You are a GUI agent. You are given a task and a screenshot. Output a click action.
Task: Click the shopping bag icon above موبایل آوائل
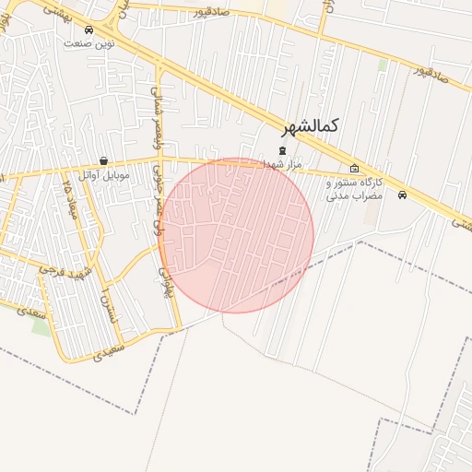pos(103,160)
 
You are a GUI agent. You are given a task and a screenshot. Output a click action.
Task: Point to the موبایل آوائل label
pos(104,173)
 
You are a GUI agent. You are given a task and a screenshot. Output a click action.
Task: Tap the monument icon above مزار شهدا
pos(282,150)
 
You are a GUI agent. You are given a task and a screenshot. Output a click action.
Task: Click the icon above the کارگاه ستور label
pos(355,169)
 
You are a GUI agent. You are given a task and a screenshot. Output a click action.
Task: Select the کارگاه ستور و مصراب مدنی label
pos(355,189)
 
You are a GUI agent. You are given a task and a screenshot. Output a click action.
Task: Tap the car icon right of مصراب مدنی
pos(402,195)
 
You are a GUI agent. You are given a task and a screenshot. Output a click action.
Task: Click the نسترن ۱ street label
pos(110,305)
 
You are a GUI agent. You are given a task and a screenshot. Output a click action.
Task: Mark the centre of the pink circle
pos(236,235)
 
